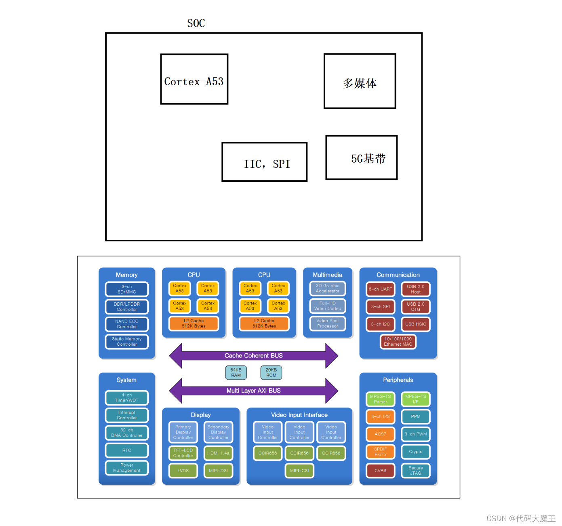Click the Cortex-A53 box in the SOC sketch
tap(194, 79)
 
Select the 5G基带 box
tap(361, 158)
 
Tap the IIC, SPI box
tap(264, 162)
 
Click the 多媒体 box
tap(360, 81)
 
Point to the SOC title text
tap(196, 23)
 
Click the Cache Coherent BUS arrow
tap(253, 356)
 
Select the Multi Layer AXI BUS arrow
tap(253, 391)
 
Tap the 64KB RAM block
tap(236, 372)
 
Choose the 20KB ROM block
tap(271, 372)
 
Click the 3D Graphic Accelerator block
tap(328, 288)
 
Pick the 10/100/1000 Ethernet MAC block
tap(398, 342)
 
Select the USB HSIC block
tap(415, 324)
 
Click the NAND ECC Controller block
tap(127, 324)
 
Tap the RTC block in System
tap(127, 450)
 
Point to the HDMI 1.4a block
tap(218, 453)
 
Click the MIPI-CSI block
tap(299, 471)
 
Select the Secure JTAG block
tap(415, 471)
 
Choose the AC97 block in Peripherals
tap(380, 434)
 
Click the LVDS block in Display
tap(183, 471)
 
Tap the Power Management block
tap(127, 468)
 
